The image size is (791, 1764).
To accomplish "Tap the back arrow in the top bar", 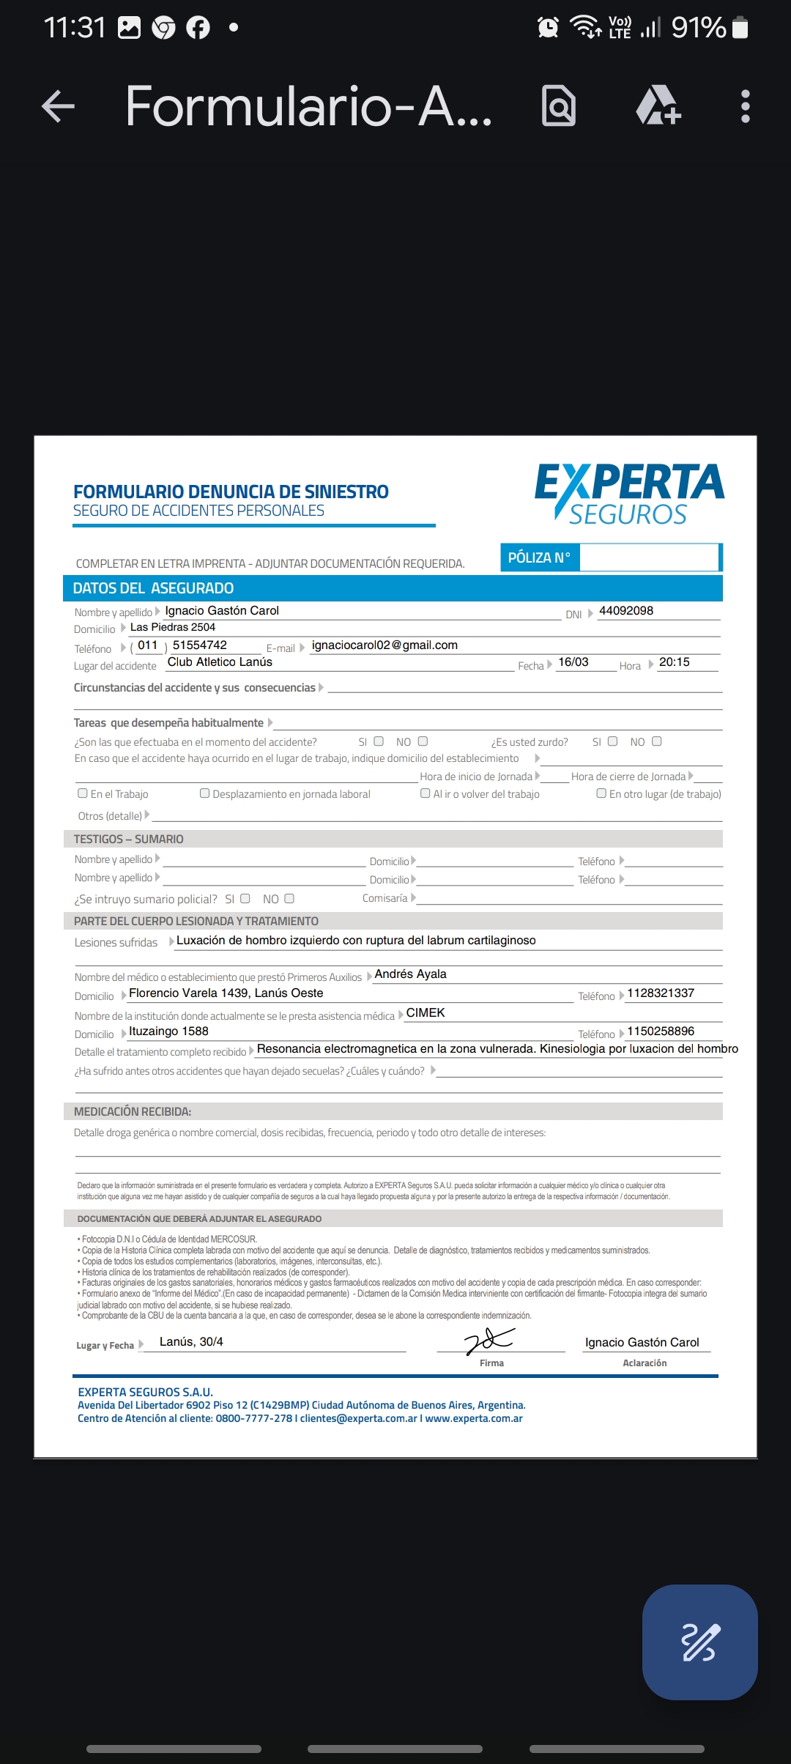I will (59, 106).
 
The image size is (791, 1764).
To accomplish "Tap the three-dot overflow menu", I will (745, 106).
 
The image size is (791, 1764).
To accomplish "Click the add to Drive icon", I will (658, 106).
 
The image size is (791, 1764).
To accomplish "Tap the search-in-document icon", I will (558, 106).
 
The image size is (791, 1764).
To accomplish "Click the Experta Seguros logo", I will (628, 493).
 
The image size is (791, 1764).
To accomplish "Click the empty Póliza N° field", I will (648, 557).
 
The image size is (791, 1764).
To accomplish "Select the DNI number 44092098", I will (625, 611).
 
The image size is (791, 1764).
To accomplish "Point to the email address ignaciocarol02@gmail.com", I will (385, 645).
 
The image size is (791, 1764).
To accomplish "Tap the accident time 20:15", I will (674, 662).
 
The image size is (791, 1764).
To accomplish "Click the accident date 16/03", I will (573, 662).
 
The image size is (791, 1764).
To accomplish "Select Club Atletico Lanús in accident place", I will (220, 662).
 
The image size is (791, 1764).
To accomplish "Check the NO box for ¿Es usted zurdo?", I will (657, 741).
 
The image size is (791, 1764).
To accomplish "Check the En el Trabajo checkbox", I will (83, 793).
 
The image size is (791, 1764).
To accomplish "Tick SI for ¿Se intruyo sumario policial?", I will (245, 899).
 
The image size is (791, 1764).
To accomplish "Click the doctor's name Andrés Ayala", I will (410, 974).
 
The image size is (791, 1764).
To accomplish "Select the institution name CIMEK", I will (426, 1013).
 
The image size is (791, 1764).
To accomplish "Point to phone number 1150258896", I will (661, 1031).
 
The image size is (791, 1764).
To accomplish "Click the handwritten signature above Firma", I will (489, 1341).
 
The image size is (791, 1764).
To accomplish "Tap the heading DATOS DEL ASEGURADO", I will (153, 588).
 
